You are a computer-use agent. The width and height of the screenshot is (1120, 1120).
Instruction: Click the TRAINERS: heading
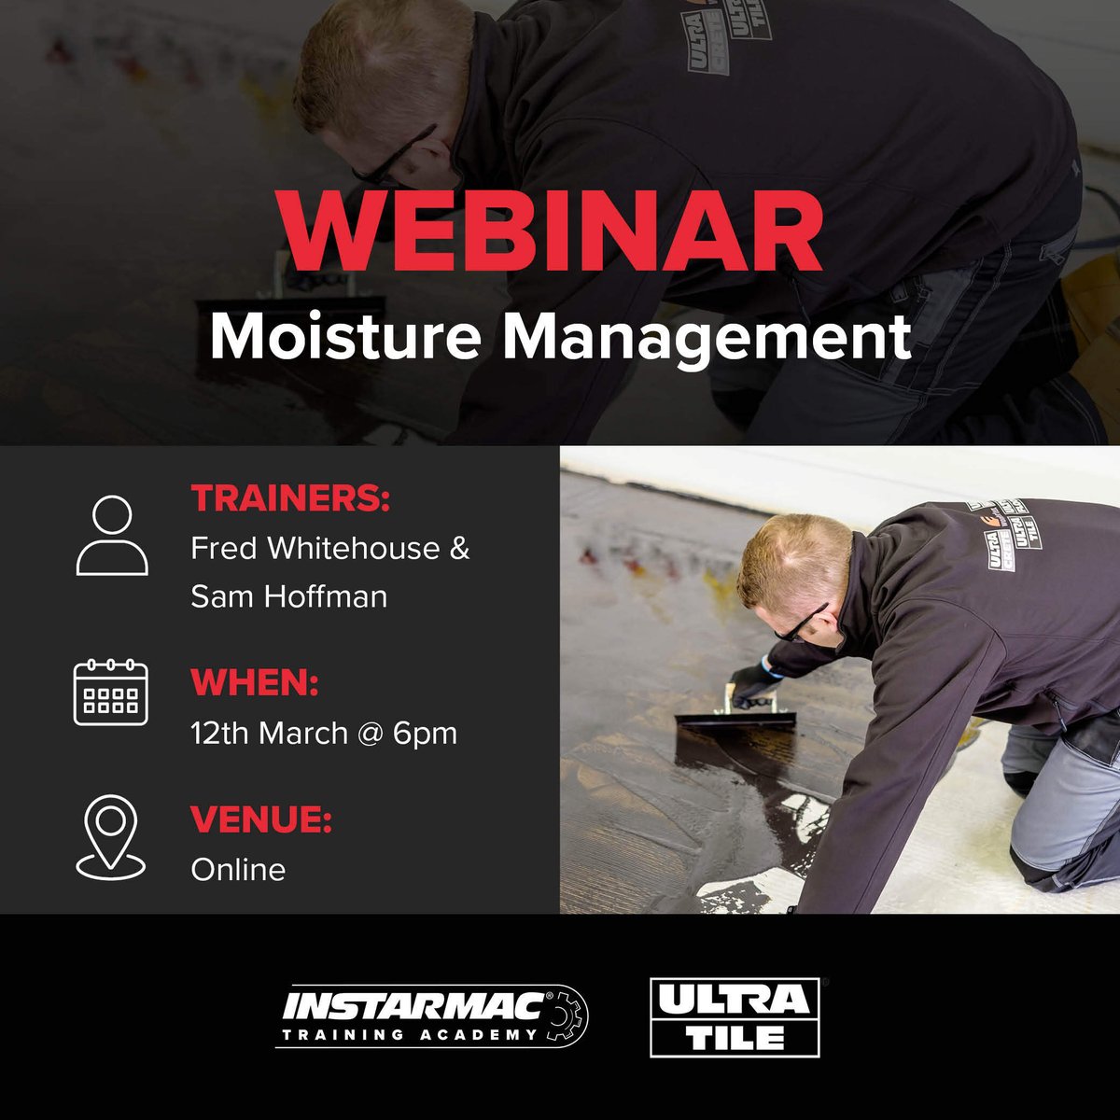[x=290, y=498]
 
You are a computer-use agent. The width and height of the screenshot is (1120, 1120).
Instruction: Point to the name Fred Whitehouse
[x=315, y=548]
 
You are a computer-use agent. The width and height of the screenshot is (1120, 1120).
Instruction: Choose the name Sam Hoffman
[x=288, y=595]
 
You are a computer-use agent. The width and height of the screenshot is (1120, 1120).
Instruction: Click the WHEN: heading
[x=255, y=683]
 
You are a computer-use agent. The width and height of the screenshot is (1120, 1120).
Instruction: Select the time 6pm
[x=425, y=733]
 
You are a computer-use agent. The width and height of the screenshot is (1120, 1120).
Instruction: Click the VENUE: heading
[x=261, y=820]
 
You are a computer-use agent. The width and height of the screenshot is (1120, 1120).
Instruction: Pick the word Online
[x=238, y=869]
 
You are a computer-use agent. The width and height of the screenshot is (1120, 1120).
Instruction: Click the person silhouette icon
[x=112, y=535]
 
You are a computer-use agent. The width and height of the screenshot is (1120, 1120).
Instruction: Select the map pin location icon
[x=111, y=837]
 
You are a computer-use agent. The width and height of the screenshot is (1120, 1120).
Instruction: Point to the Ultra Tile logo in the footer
[x=735, y=1017]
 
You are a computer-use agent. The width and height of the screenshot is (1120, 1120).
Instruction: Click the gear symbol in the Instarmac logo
[x=567, y=1017]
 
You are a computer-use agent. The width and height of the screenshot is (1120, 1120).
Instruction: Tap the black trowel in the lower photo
[x=735, y=721]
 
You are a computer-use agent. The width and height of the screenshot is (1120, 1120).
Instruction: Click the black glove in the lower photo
[x=753, y=683]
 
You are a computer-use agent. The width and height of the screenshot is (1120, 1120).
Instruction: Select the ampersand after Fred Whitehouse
[x=459, y=548]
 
